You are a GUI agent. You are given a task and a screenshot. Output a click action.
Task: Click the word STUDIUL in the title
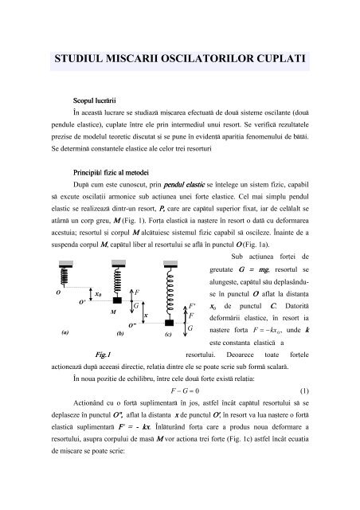pos(83,59)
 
